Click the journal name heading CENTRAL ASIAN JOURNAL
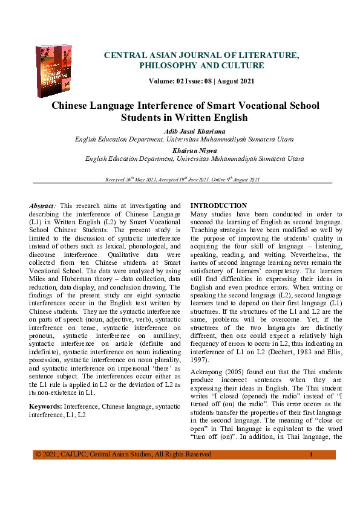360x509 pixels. pyautogui.click(x=201, y=55)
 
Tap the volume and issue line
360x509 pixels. pyautogui.click(x=201, y=81)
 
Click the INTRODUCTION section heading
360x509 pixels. pyautogui.click(x=218, y=206)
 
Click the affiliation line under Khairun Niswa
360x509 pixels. pyautogui.click(x=186, y=158)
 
